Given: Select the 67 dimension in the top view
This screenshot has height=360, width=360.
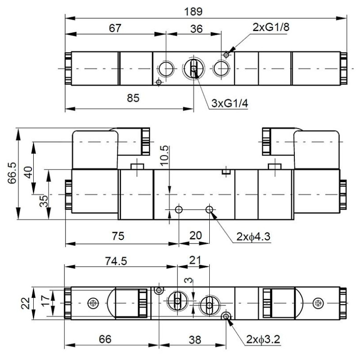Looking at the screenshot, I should [115, 27].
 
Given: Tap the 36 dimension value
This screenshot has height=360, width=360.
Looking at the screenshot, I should [196, 28].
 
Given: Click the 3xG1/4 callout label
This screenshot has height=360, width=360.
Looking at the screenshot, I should [230, 103].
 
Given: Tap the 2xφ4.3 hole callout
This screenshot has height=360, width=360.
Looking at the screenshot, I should [255, 237].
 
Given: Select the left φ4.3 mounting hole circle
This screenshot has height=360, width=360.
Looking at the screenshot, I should [179, 209].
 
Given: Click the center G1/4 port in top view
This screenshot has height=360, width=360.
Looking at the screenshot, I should [193, 69].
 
